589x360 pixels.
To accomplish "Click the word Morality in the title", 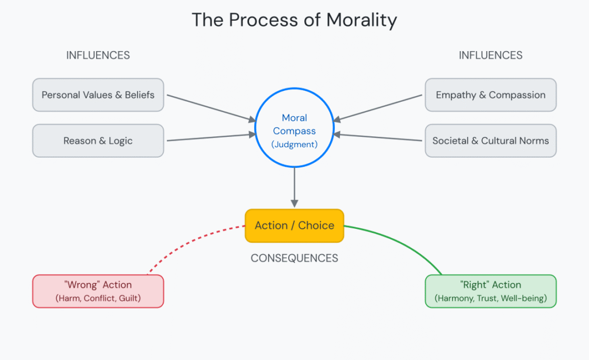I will coord(361,20).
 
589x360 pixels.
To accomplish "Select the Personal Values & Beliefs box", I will coord(98,95).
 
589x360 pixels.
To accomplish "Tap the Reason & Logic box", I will coord(98,141).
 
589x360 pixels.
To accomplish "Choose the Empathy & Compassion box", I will coord(491,95).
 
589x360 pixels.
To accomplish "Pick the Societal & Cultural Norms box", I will coord(491,141).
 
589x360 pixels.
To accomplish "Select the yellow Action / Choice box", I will coord(294,225).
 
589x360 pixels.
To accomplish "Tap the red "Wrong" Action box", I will coord(98,291).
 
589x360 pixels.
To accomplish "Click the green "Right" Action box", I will coord(491,291).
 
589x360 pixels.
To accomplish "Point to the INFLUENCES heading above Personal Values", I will coord(98,56).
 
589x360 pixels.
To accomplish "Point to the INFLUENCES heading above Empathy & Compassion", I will coord(491,56).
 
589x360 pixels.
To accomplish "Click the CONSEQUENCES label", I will coord(294,258).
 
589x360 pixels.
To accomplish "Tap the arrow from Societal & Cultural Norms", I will coord(380,138).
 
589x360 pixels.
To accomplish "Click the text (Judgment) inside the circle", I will coord(294,144).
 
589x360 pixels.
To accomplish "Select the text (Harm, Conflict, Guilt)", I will coord(98,298).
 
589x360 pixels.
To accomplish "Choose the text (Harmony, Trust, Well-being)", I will coord(491,298).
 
